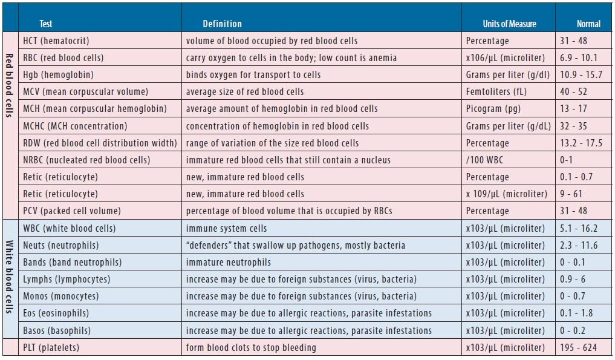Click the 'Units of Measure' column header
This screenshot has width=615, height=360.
(x=509, y=24)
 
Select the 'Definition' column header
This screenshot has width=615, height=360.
(x=222, y=24)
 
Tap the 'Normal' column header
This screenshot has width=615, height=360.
(x=588, y=24)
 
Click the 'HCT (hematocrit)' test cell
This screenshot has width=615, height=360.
(x=56, y=41)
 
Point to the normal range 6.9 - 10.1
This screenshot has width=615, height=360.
(x=579, y=57)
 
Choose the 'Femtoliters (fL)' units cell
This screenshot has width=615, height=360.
(x=496, y=91)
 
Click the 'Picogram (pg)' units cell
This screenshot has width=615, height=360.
(x=493, y=109)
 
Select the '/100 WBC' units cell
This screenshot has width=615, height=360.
(x=484, y=160)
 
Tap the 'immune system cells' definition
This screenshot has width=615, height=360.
(x=226, y=228)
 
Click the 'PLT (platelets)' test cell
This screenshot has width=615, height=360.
(x=51, y=347)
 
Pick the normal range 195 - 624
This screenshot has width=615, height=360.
(x=578, y=347)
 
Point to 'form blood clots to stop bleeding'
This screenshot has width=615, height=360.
(x=251, y=347)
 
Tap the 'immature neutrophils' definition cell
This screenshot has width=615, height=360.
(x=228, y=262)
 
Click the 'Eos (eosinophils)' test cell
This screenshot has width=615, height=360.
(x=56, y=313)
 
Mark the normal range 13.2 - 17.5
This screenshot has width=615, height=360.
(x=581, y=143)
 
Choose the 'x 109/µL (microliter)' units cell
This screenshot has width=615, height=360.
(x=506, y=194)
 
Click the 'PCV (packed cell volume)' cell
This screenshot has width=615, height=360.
(x=72, y=211)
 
